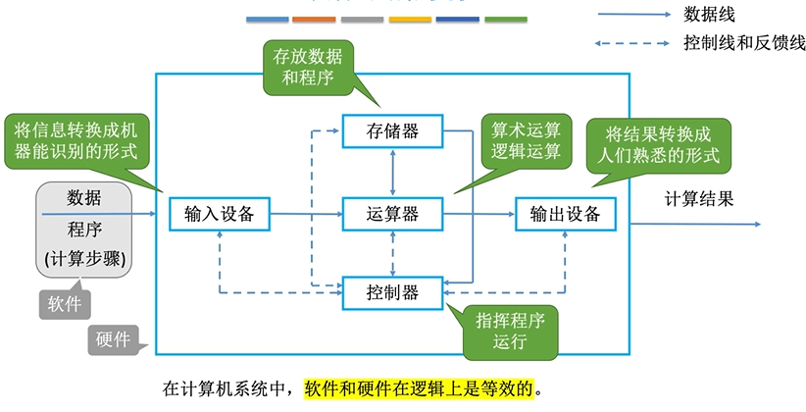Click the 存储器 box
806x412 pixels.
(392, 131)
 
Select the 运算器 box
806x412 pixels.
(392, 213)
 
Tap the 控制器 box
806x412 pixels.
(392, 291)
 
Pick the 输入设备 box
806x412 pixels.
(219, 213)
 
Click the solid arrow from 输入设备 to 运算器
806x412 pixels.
(305, 213)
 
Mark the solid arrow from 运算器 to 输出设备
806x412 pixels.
(479, 213)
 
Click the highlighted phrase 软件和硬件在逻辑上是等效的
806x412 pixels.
(423, 386)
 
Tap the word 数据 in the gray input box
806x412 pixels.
(83, 197)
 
